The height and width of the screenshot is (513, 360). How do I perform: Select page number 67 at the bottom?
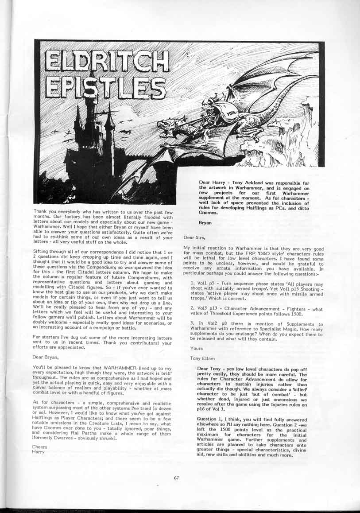[x=176, y=477]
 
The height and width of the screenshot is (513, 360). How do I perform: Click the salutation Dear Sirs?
[x=193, y=238]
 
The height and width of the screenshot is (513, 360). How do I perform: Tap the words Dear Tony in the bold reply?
[x=209, y=369]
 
